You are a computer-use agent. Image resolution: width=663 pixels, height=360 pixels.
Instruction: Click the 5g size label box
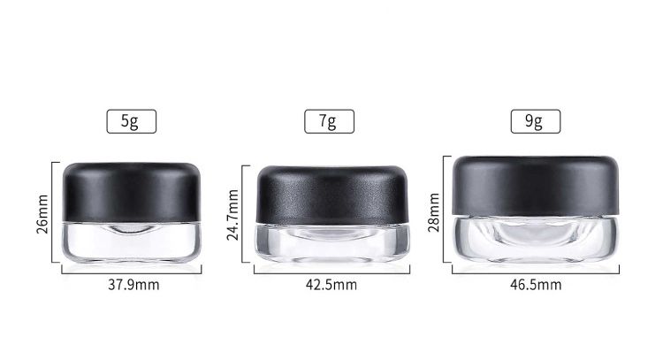point(132,121)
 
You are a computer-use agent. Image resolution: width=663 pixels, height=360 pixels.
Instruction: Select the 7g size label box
point(330,121)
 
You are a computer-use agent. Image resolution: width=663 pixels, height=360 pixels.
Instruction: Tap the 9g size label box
point(536,121)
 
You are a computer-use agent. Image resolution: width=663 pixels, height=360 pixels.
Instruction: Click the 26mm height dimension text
point(42,214)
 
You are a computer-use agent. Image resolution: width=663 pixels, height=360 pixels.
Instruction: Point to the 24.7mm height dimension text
point(232,215)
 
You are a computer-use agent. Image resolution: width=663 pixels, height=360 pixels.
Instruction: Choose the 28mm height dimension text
point(434,212)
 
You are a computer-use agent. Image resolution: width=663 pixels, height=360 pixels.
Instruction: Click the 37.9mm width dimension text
point(133,285)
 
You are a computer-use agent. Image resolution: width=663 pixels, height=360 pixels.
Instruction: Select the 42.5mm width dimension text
point(331,285)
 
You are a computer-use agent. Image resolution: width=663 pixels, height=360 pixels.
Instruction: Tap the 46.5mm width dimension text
point(536,285)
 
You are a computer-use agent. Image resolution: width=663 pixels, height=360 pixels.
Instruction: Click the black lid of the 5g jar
point(132,193)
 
